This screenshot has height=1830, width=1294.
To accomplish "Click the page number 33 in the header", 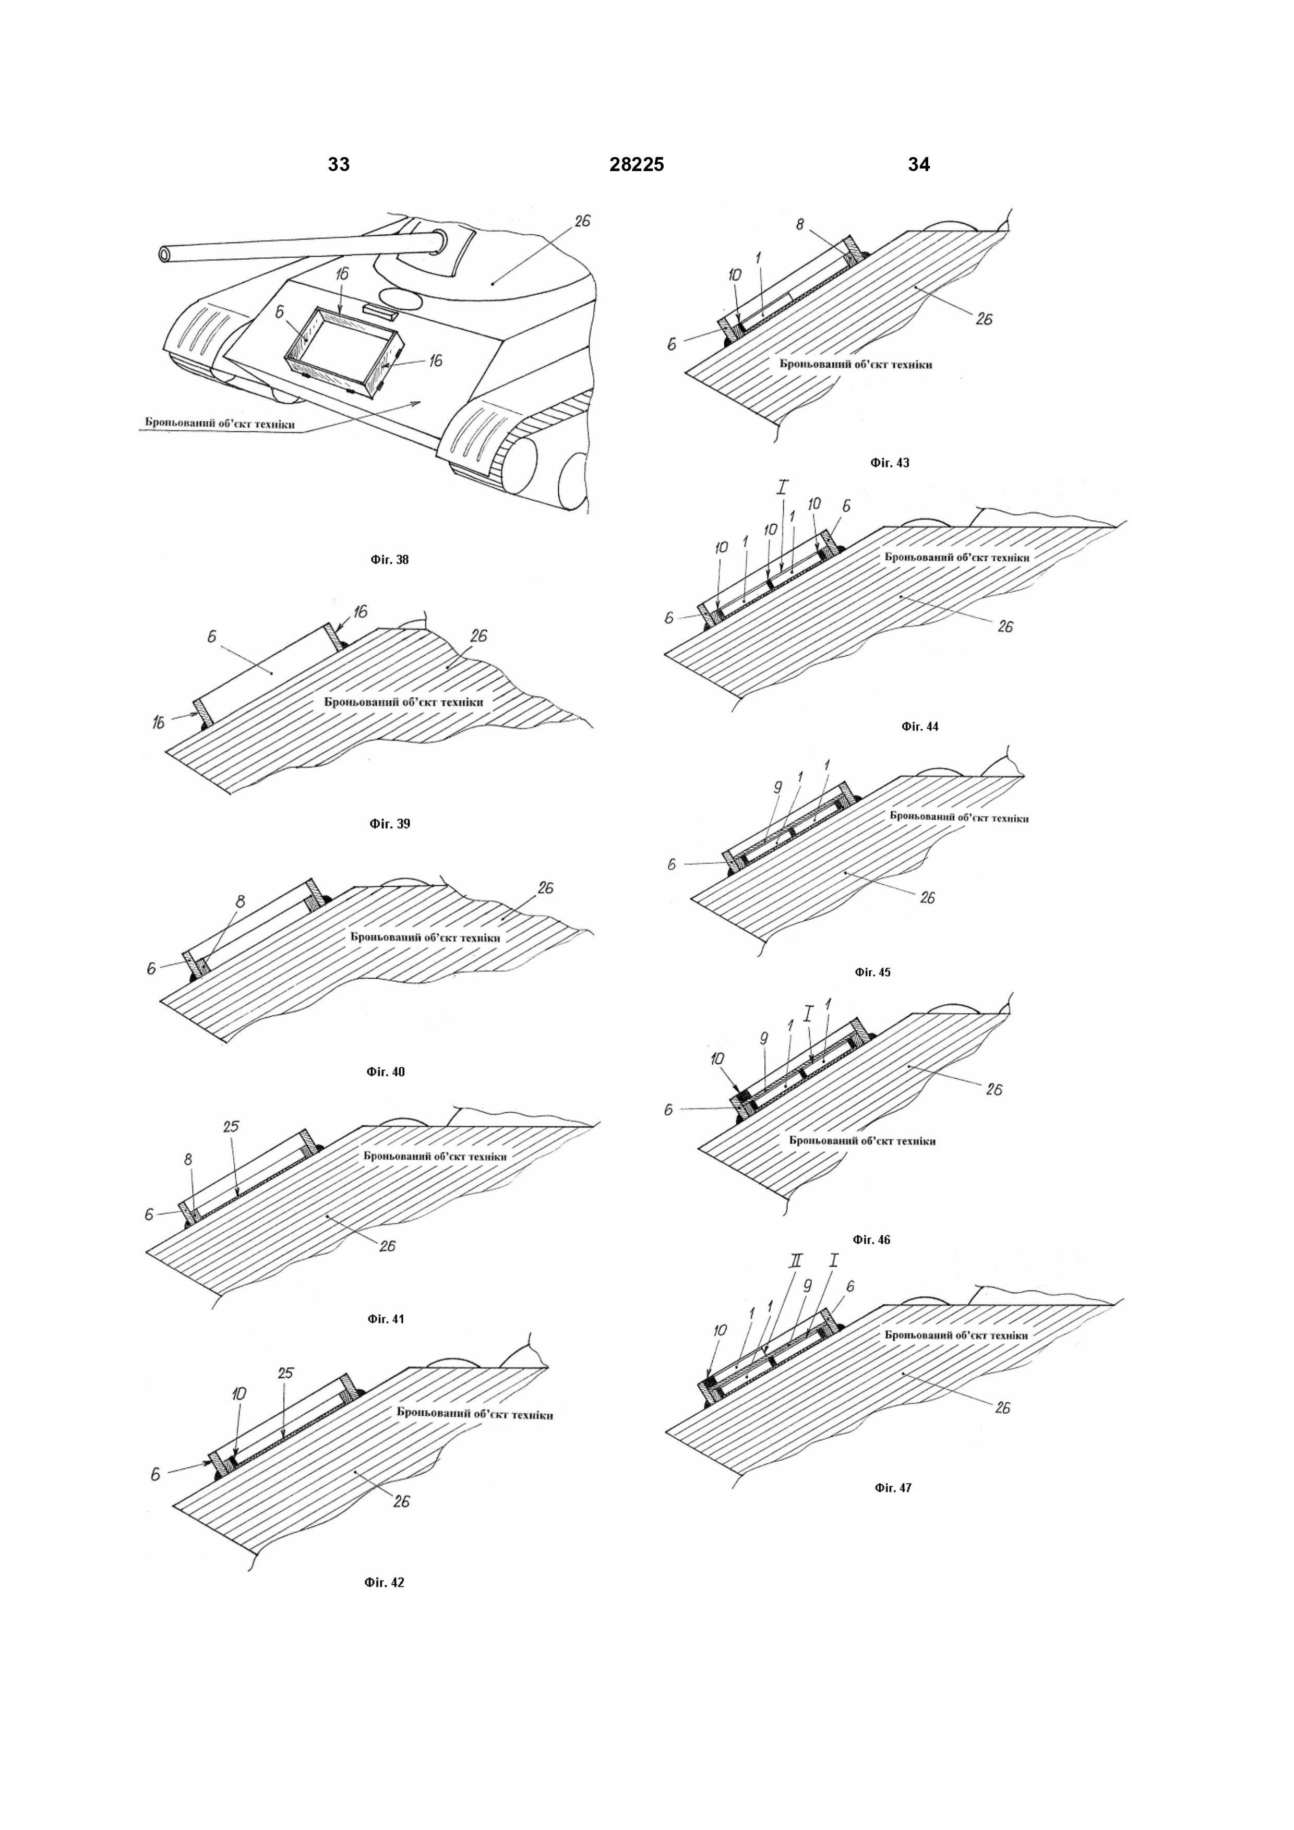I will coord(339,164).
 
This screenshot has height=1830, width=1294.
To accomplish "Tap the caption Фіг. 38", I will coord(390,560).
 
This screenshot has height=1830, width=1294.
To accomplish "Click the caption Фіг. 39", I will coord(390,823).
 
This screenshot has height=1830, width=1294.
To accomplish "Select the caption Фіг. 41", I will coord(386,1319).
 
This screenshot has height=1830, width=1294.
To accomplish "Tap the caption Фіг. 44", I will coord(920,726).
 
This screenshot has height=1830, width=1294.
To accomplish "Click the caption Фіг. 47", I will coord(893,1487).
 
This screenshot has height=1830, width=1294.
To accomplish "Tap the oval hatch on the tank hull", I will coord(402,298).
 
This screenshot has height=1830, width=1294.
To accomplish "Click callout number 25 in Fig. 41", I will coord(231,1126).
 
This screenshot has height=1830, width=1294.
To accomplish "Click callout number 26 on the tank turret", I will coord(582,221).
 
